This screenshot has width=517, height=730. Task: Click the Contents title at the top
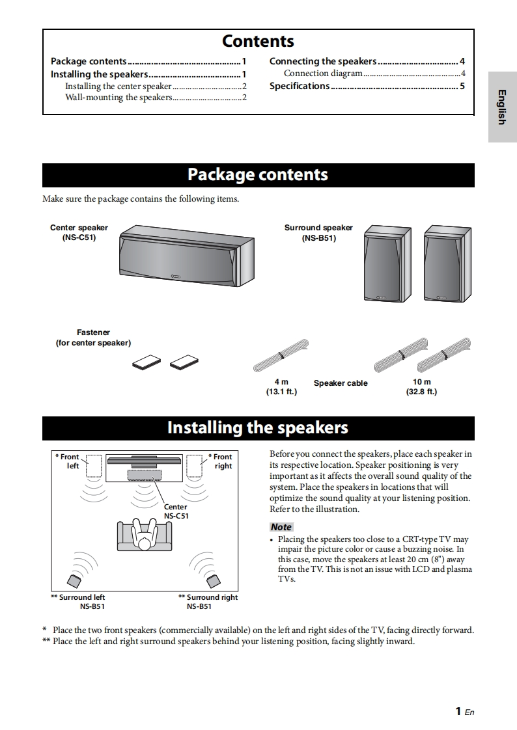258,41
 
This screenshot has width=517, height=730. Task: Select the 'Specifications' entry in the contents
300,86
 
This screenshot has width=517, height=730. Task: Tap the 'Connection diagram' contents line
323,74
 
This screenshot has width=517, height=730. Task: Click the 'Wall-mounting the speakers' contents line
119,98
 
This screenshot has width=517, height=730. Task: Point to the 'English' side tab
502,107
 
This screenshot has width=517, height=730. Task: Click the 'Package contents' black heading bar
258,175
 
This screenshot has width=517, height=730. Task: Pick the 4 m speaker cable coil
281,355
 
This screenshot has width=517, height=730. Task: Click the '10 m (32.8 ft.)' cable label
422,386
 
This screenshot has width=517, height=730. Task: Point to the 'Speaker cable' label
341,383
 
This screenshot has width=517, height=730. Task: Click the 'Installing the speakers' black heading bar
258,428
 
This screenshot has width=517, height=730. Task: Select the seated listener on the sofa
143,535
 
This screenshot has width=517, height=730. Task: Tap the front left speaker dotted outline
93,466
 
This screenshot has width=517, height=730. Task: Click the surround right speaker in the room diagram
213,578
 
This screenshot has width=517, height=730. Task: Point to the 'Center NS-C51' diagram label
175,511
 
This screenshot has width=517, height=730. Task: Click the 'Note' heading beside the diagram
281,527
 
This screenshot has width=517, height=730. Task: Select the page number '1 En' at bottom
464,711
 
